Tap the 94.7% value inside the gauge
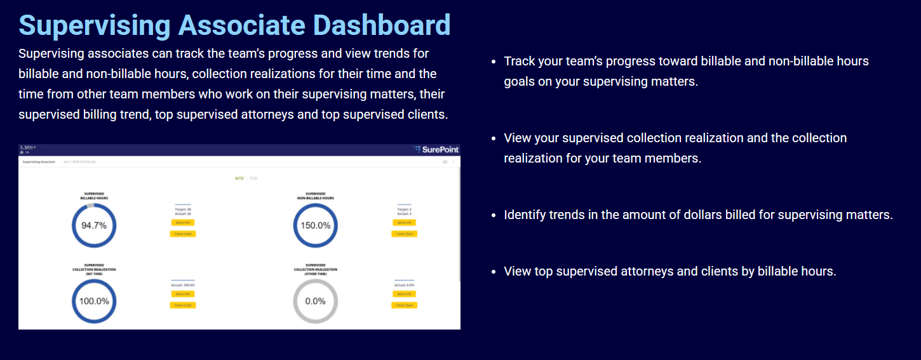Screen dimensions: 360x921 (94, 225)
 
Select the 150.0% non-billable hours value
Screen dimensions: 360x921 (315, 225)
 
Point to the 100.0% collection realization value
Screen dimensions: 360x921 (94, 301)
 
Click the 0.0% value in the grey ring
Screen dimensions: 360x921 (315, 301)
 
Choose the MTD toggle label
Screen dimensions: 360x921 (239, 178)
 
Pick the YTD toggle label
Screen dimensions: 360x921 (253, 178)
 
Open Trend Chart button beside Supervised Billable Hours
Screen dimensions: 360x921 (183, 234)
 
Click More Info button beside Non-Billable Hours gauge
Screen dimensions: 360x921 (404, 223)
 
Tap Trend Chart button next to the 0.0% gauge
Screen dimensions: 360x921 (404, 305)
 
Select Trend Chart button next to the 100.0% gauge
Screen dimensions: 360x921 (183, 305)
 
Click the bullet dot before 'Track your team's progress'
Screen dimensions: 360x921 (494, 62)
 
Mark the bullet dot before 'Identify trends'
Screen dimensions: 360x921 (494, 215)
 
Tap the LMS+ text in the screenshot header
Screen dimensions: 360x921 (29, 147)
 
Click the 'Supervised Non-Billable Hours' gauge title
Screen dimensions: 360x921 (315, 196)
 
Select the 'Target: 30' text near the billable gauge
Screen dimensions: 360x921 (183, 209)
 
